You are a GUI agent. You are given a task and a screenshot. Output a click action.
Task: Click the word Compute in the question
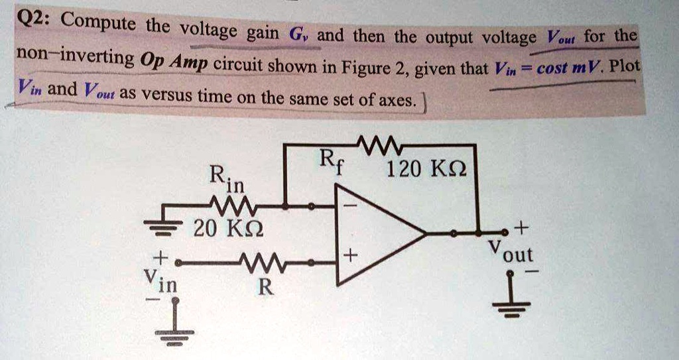[x=101, y=25]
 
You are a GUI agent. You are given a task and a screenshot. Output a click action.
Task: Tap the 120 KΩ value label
[x=427, y=170]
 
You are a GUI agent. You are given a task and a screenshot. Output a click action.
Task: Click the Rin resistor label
[x=226, y=177]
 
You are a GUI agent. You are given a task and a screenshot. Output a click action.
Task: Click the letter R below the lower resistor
[x=265, y=288]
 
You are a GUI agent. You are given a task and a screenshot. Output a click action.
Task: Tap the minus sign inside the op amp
[x=349, y=208]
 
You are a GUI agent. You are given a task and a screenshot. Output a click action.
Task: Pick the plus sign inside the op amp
[x=350, y=255]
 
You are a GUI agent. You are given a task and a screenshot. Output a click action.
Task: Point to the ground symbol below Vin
[x=174, y=335]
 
